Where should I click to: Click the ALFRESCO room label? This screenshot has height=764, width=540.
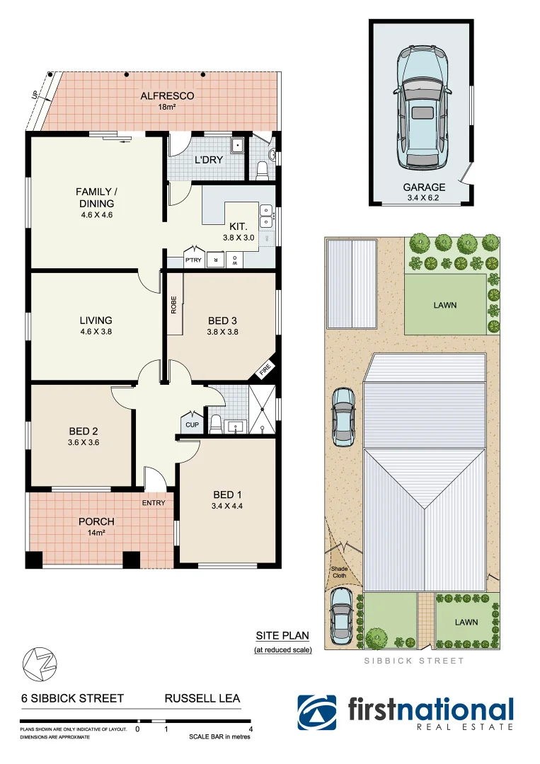pos(167,96)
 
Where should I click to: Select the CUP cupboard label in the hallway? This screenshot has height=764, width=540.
pos(192,424)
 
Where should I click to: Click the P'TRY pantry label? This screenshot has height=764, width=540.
pos(193,260)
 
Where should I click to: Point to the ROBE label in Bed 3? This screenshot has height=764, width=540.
pos(173,304)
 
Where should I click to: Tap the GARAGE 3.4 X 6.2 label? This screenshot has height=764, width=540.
pos(424,192)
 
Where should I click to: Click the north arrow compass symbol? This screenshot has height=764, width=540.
pos(40,663)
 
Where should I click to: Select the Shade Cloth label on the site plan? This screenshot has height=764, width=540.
pos(340,572)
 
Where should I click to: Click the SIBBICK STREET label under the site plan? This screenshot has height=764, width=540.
pos(414,661)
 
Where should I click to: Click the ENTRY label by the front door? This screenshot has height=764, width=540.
pos(154,503)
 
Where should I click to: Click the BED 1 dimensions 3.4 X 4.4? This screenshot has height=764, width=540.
pos(227,506)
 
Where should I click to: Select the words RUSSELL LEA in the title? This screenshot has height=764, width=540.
pos(202,698)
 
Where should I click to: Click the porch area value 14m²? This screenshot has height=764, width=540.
pos(96,533)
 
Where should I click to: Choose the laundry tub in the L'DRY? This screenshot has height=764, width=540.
pos(239,146)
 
